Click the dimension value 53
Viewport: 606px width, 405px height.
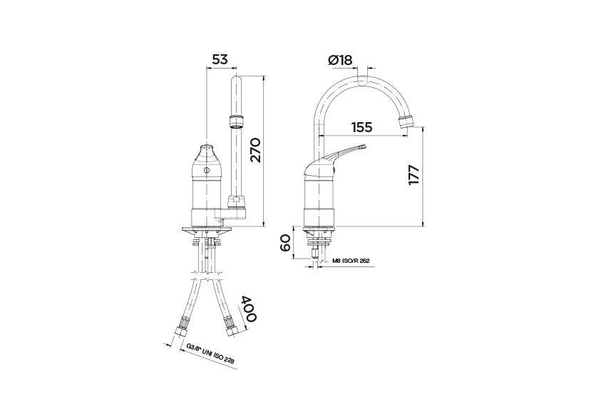point(220,59)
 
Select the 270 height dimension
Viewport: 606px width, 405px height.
point(255,149)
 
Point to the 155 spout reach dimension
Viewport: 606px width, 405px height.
point(361,127)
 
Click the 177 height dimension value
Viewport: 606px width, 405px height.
point(414,176)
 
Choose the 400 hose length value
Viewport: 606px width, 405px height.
point(250,309)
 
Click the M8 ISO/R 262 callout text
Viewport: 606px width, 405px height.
point(351,261)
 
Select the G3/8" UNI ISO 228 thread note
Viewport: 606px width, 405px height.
point(210,354)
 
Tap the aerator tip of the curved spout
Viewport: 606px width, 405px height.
point(406,122)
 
